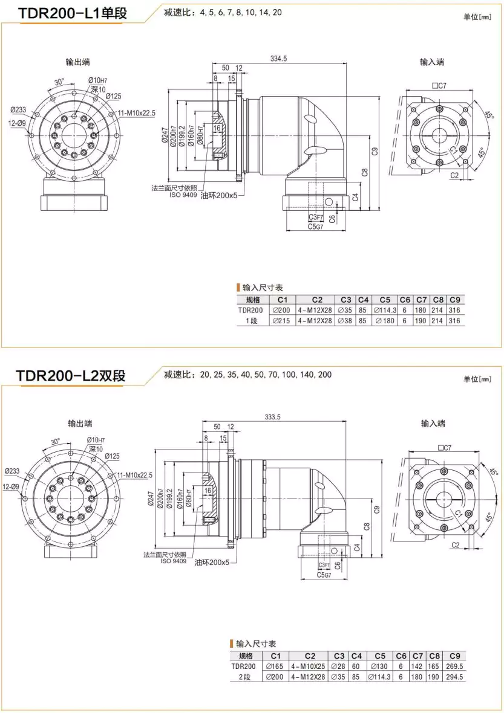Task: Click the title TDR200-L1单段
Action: click(x=73, y=13)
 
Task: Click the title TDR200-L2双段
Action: click(x=71, y=375)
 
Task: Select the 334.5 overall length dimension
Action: click(x=279, y=59)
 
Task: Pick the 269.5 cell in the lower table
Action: click(x=454, y=666)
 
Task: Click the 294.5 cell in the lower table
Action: click(x=454, y=677)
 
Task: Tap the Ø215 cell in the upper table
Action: click(x=282, y=321)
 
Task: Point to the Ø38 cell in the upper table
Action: click(x=345, y=321)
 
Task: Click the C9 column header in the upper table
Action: click(x=455, y=300)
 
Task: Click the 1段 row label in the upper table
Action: click(x=252, y=321)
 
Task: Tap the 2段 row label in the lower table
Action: click(x=244, y=677)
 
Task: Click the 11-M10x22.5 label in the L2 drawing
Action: click(x=135, y=475)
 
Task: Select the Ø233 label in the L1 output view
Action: click(x=18, y=109)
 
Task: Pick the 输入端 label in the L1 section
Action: click(x=432, y=62)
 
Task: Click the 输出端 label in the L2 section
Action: click(x=80, y=424)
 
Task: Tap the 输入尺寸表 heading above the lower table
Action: click(x=257, y=644)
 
